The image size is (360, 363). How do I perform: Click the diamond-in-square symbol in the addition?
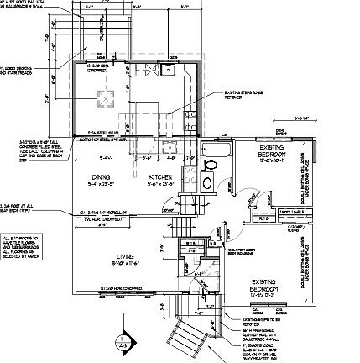click(x=106, y=98)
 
